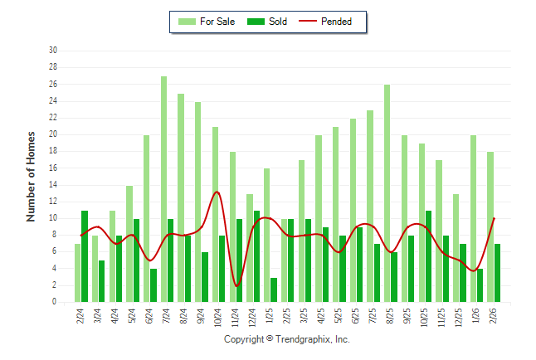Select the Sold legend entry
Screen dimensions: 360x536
(x=267, y=22)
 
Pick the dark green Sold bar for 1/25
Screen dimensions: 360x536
(x=274, y=289)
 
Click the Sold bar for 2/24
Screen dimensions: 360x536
(x=85, y=256)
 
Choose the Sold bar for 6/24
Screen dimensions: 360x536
(x=153, y=285)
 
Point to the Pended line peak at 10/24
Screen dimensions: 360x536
(x=217, y=192)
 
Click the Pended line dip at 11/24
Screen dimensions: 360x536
(x=236, y=285)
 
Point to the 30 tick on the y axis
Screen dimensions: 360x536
(x=52, y=51)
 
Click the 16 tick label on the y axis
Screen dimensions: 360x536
(x=52, y=168)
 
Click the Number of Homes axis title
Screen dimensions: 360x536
(x=31, y=176)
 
